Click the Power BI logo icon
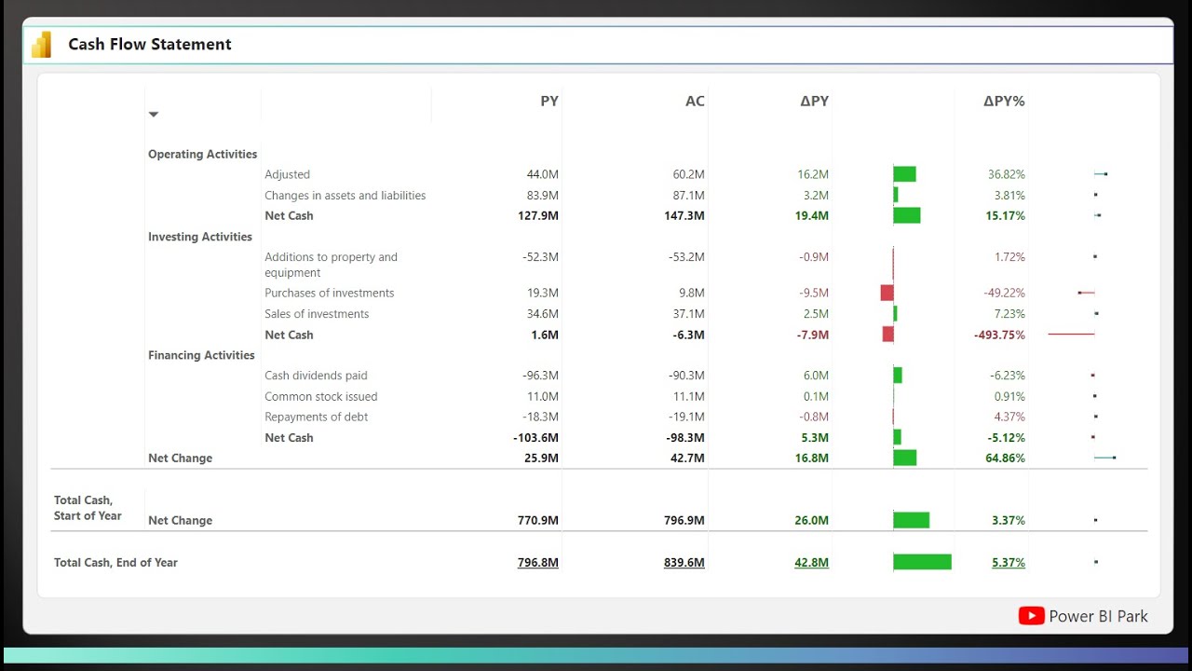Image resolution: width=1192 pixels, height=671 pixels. tap(41, 45)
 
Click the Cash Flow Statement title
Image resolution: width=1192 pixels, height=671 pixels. tap(150, 45)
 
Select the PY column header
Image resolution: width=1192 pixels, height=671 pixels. tap(549, 101)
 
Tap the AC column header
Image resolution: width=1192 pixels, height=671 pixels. tap(695, 101)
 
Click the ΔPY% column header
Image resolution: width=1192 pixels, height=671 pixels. tap(1004, 101)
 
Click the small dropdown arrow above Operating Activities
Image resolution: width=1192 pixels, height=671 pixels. tap(154, 115)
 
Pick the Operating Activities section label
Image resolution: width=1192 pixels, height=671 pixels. tap(202, 155)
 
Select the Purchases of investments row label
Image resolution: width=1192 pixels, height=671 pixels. tap(329, 294)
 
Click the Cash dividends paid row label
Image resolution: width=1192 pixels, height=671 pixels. tap(316, 376)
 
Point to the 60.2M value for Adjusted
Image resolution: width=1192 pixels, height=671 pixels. tap(688, 174)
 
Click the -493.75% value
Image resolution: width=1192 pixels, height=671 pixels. tap(999, 335)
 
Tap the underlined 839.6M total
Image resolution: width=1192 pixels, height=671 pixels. tap(684, 563)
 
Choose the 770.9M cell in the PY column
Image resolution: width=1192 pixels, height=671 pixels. tap(538, 521)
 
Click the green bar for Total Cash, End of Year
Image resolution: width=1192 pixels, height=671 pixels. tap(922, 562)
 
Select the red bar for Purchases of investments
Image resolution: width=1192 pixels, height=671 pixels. tap(887, 293)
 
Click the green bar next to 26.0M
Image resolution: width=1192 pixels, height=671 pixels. tap(911, 520)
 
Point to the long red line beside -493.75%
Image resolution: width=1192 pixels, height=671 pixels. tap(1071, 334)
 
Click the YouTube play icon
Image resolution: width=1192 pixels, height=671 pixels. tap(1031, 616)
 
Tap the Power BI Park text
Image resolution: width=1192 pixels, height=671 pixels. tap(1098, 616)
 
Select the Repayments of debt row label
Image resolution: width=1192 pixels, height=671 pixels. tap(316, 418)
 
